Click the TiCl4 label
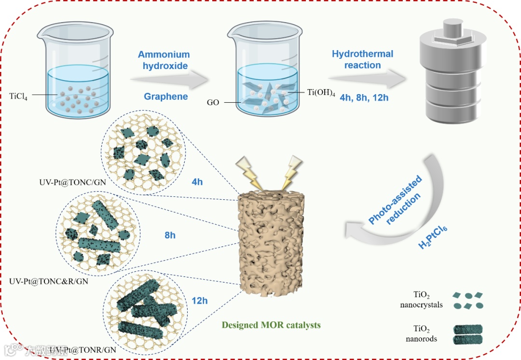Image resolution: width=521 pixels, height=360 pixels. tap(18, 95)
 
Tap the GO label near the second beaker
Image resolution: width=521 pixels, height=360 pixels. tap(213, 103)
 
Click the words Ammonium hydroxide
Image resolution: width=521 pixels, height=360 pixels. tap(164, 60)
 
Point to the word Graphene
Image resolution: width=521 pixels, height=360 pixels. tap(166, 97)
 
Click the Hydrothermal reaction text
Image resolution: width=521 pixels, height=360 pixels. tap(362, 59)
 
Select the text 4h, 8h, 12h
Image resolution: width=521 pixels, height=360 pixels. tap(364, 97)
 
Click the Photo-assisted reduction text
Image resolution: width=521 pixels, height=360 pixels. tap(396, 200)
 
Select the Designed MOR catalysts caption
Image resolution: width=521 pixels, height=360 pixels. tap(271, 325)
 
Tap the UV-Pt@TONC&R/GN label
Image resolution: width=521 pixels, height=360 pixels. tap(49, 280)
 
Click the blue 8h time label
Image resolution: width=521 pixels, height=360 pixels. tap(170, 235)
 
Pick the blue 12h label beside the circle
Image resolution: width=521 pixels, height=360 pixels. tap(199, 301)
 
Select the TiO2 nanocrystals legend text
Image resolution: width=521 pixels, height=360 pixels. tap(421, 299)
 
